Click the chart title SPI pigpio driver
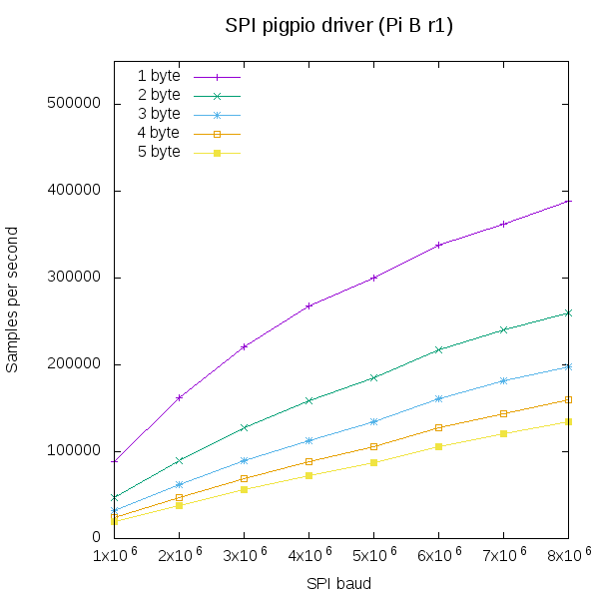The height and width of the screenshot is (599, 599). click(339, 27)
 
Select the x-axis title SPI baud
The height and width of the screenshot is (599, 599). click(338, 583)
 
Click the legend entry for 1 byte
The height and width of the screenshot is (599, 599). click(159, 76)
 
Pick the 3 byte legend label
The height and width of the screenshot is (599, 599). click(159, 114)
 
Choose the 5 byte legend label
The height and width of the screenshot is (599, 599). click(159, 152)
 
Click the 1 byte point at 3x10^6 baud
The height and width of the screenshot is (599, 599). click(244, 346)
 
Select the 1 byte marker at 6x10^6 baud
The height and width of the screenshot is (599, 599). click(438, 245)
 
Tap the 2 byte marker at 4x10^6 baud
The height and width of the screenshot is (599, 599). click(308, 400)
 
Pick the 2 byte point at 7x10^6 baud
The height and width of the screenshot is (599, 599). click(503, 329)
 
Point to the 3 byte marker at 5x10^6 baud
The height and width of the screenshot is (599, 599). click(373, 421)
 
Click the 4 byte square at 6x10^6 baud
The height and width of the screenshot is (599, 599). click(438, 427)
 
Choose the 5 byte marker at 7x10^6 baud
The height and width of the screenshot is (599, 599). click(503, 433)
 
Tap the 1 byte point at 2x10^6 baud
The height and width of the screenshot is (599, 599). click(179, 397)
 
